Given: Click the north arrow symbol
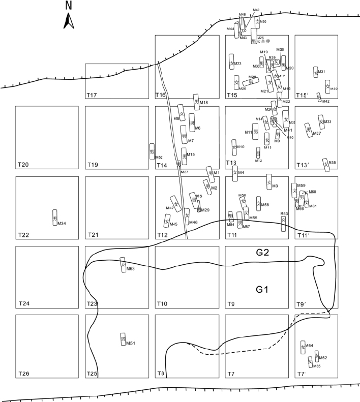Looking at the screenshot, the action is (69, 21).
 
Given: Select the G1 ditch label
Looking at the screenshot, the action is (262, 290).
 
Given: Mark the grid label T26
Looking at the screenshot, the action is (23, 374).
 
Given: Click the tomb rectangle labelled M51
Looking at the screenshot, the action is (123, 339).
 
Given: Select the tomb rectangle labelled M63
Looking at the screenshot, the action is (123, 265).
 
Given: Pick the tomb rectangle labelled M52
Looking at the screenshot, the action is (152, 151).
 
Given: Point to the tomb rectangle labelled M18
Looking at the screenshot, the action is (196, 102).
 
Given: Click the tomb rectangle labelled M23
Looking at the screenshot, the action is (232, 62).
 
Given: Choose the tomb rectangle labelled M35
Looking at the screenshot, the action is (325, 164).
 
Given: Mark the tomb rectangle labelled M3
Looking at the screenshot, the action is (269, 181).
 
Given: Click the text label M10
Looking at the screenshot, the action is (241, 147).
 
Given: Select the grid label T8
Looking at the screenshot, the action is (161, 374).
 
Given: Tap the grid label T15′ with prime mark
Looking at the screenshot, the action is (303, 95).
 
